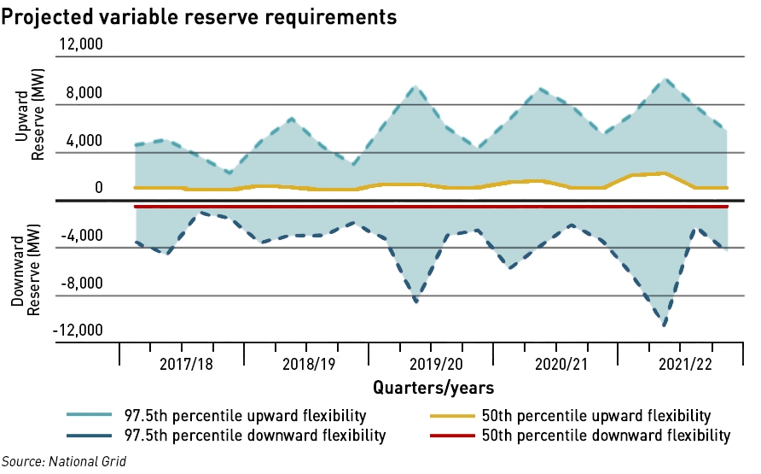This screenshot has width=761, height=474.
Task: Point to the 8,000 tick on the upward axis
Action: click(x=84, y=93)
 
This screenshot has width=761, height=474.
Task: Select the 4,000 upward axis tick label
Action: click(x=84, y=141)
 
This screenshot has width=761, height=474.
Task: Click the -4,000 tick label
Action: click(x=81, y=237)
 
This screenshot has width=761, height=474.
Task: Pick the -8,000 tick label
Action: click(x=81, y=284)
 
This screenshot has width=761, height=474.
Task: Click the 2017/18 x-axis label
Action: click(x=186, y=364)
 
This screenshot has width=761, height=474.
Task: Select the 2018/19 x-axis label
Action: click(x=309, y=364)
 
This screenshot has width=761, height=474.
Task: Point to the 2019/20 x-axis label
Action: click(x=435, y=364)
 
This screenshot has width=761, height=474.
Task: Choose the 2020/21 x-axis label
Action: click(x=559, y=364)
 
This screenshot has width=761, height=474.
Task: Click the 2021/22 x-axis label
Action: click(x=683, y=364)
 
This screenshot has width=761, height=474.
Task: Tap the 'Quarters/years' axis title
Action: click(x=433, y=388)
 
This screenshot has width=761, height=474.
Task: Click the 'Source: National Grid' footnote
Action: click(x=63, y=462)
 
